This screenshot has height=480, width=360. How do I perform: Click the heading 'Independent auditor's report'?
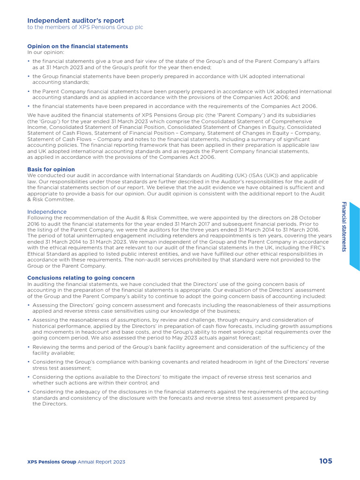(x=75, y=21)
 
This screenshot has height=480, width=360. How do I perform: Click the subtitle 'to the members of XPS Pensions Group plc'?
(x=85, y=27)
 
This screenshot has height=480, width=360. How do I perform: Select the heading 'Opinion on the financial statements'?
(x=77, y=46)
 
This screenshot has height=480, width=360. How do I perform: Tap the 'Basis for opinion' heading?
(x=51, y=169)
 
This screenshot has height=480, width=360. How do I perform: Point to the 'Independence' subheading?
(x=47, y=212)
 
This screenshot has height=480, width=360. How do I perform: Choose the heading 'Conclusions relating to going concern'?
(x=81, y=278)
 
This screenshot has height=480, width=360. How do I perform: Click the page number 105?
(x=326, y=461)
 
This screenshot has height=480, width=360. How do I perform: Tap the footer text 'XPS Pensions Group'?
(x=52, y=462)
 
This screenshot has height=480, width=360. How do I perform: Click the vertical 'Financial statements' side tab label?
(x=344, y=226)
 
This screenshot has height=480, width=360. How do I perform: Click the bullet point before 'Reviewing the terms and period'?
(x=29, y=347)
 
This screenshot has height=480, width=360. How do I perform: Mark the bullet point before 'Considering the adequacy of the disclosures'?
(x=29, y=392)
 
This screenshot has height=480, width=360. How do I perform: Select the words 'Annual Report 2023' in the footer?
(x=102, y=462)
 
